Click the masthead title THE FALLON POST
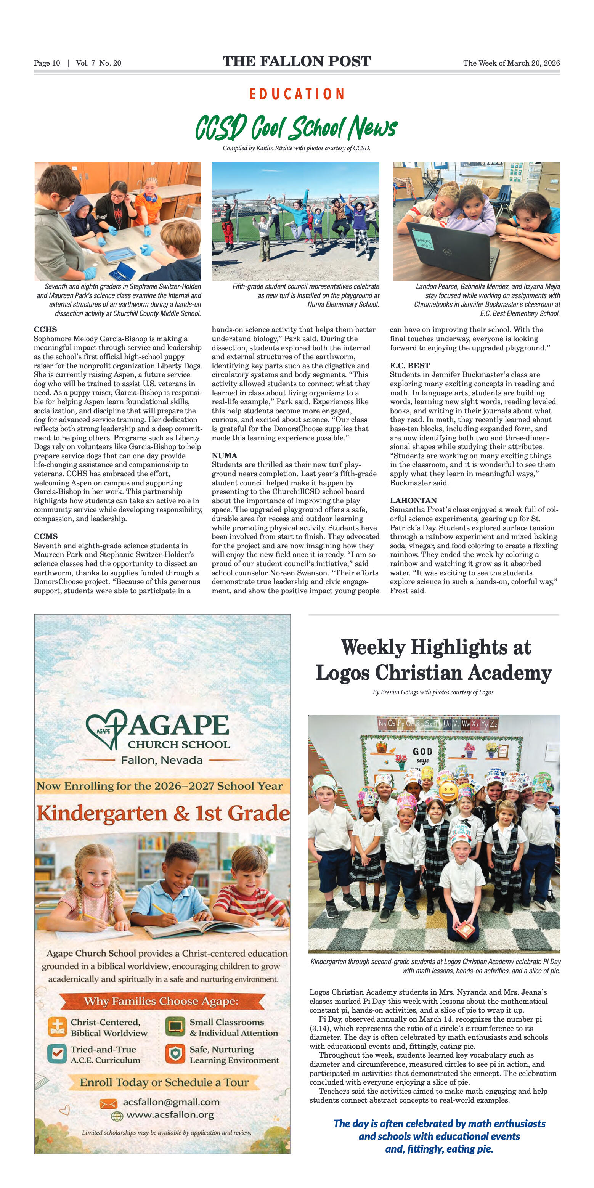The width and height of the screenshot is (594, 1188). click(297, 61)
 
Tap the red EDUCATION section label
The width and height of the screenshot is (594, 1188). click(297, 94)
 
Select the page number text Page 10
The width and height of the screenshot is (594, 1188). click(47, 63)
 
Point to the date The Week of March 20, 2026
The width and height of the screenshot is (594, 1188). click(511, 63)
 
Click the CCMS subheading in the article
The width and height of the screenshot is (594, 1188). click(46, 536)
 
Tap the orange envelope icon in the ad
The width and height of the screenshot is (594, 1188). click(109, 1103)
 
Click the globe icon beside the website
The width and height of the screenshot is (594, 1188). click(117, 1116)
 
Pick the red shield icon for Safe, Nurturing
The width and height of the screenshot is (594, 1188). click(175, 1054)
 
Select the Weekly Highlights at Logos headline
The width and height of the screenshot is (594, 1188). click(433, 660)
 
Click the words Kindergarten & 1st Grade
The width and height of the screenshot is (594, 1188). click(163, 814)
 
